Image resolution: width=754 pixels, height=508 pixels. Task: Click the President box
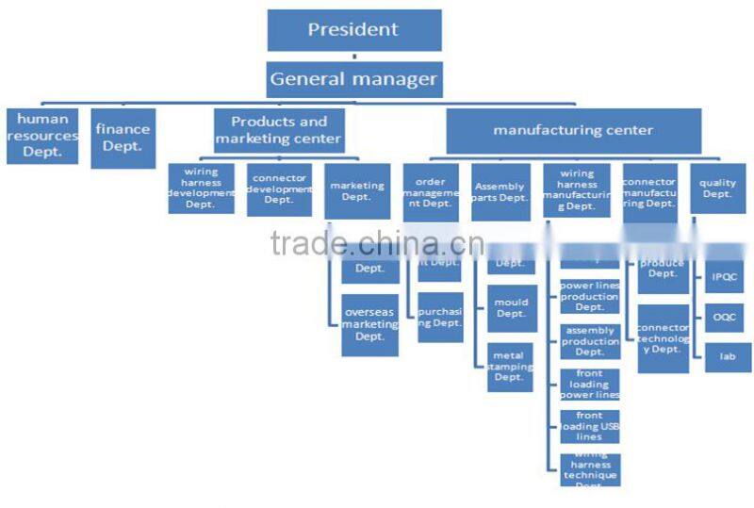click(x=353, y=30)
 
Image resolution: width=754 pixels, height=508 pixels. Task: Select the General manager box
click(x=353, y=79)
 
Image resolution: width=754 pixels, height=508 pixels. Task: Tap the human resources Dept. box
click(x=42, y=136)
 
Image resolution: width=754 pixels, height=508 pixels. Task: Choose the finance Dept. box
click(x=123, y=138)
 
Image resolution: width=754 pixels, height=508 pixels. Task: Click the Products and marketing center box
click(x=279, y=131)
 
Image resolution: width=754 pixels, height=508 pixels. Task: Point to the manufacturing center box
click(x=573, y=131)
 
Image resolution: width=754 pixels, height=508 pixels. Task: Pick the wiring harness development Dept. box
click(x=201, y=188)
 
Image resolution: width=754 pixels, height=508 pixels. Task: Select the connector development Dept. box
click(x=279, y=188)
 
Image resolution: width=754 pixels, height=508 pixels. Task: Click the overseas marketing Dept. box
click(x=369, y=324)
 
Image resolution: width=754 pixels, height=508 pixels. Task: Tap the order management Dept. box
click(x=431, y=192)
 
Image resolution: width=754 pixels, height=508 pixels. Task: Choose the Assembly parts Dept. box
click(x=500, y=192)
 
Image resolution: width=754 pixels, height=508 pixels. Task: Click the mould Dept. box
click(x=512, y=308)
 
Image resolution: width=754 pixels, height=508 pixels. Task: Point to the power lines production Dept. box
click(x=590, y=296)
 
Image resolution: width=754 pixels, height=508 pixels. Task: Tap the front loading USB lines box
click(x=590, y=426)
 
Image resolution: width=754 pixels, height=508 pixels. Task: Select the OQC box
click(x=728, y=318)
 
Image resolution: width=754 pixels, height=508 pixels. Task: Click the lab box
click(x=728, y=357)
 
